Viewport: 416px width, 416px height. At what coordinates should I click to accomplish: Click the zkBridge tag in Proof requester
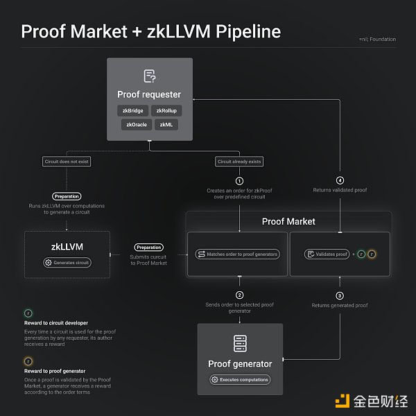pyautogui.click(x=132, y=110)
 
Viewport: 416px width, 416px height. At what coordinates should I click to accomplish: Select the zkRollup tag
pyautogui.click(x=166, y=110)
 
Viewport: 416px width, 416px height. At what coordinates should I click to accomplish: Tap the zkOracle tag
pyautogui.click(x=135, y=125)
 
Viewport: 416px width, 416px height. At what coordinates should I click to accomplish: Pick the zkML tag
pyautogui.click(x=166, y=125)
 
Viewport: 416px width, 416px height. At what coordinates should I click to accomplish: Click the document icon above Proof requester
pyautogui.click(x=149, y=76)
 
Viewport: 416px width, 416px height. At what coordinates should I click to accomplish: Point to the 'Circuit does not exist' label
pyautogui.click(x=67, y=162)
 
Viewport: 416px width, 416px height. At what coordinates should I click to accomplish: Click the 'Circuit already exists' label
pyautogui.click(x=239, y=162)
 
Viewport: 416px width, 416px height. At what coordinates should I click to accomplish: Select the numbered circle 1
pyautogui.click(x=239, y=180)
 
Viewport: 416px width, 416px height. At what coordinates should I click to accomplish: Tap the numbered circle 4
pyautogui.click(x=340, y=180)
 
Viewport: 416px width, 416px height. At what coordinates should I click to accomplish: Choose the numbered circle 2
pyautogui.click(x=239, y=295)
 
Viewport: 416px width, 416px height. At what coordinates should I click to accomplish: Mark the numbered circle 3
pyautogui.click(x=340, y=295)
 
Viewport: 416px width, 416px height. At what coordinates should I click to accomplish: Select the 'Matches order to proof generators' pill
pyautogui.click(x=238, y=254)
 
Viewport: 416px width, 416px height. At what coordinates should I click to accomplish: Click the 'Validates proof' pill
pyautogui.click(x=326, y=254)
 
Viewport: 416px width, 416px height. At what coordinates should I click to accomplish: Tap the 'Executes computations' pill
pyautogui.click(x=240, y=379)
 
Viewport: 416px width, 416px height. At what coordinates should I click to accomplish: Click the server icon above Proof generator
pyautogui.click(x=239, y=343)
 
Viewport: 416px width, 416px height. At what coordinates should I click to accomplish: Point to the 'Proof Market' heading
pyautogui.click(x=288, y=221)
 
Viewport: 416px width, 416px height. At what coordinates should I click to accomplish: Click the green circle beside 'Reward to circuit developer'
pyautogui.click(x=28, y=313)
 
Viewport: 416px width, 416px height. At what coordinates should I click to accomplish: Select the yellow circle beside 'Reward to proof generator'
pyautogui.click(x=28, y=361)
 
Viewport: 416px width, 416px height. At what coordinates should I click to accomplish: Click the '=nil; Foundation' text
pyautogui.click(x=378, y=39)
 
